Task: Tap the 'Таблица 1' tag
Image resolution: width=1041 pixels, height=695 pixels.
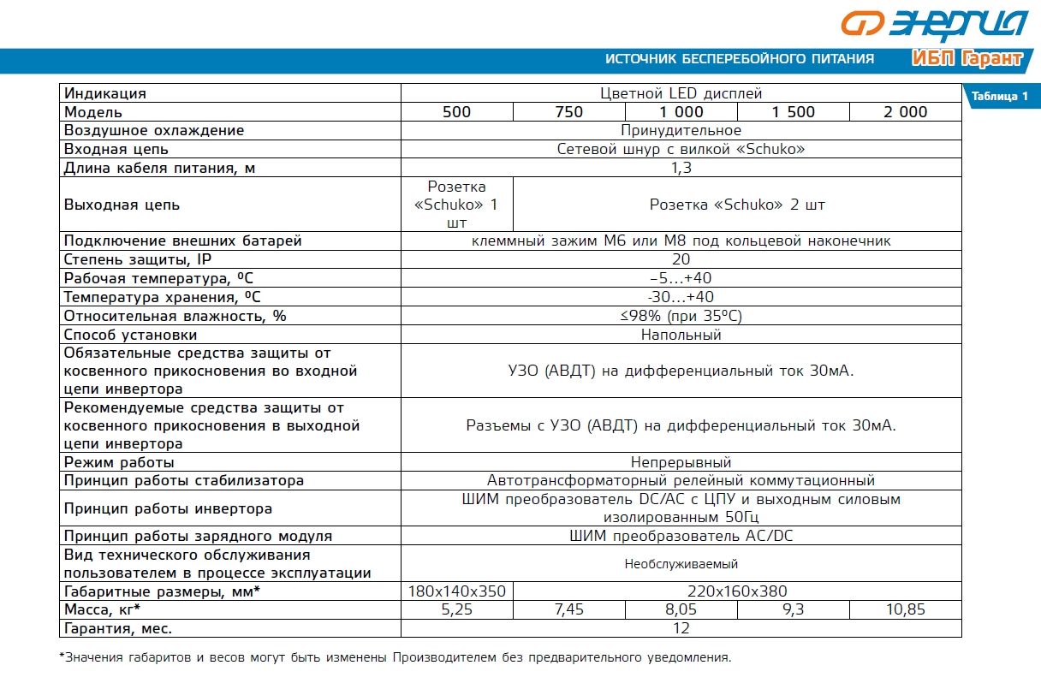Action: [999, 96]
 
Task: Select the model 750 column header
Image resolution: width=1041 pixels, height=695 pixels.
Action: [568, 112]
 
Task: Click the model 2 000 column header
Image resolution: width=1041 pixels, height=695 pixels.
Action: [905, 112]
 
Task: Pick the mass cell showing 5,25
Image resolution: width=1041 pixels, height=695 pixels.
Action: [456, 610]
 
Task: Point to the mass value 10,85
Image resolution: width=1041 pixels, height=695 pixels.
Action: [905, 610]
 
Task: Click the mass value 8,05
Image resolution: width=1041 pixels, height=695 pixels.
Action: [681, 610]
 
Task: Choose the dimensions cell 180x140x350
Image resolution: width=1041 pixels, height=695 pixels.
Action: [456, 591]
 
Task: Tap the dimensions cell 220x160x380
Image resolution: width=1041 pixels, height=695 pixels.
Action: [737, 591]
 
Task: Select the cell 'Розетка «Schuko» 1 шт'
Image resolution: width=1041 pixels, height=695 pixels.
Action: [456, 205]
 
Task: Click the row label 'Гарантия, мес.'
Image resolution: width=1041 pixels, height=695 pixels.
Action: [118, 629]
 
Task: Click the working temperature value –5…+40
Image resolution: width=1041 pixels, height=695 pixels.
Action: [681, 278]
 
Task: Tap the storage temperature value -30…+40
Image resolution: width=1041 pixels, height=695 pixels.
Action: [681, 297]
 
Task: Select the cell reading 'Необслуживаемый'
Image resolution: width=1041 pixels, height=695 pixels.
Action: [681, 564]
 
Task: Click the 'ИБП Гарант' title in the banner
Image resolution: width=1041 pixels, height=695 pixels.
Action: [967, 59]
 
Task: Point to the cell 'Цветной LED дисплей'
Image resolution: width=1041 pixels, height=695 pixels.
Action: [681, 93]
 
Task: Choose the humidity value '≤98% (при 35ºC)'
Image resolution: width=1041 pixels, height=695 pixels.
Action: [681, 316]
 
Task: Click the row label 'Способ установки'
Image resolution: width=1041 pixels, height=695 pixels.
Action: [130, 335]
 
